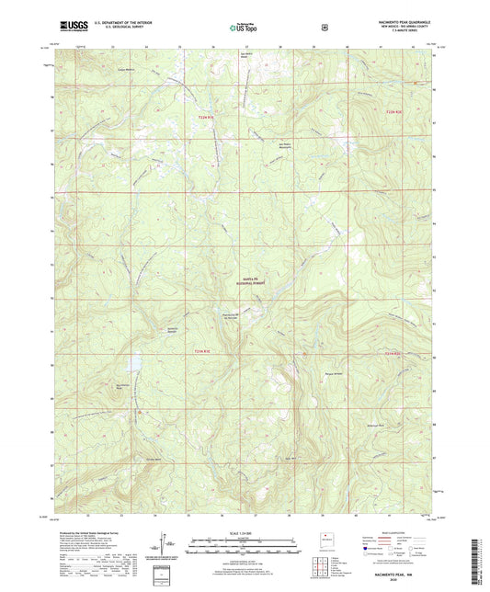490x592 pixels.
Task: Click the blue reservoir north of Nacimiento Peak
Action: click(136, 365)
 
